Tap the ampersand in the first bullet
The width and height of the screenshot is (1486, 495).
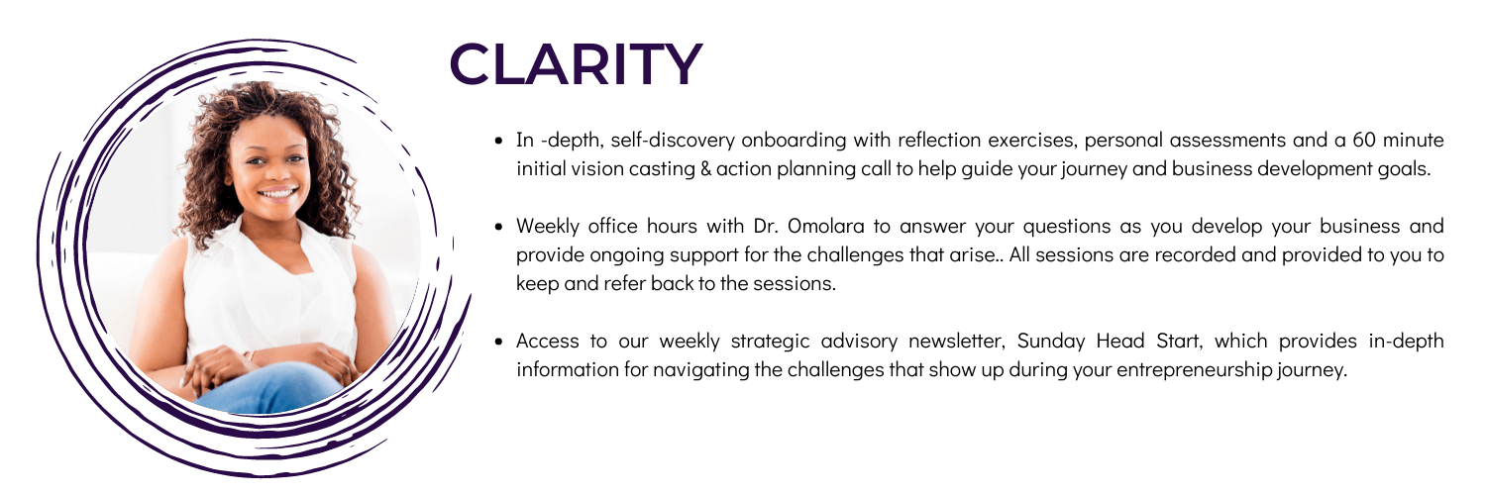pyautogui.click(x=705, y=169)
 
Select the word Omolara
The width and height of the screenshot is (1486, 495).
pyautogui.click(x=826, y=226)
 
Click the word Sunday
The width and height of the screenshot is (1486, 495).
pyautogui.click(x=1051, y=342)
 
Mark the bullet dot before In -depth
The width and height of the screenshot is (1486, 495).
pyautogui.click(x=499, y=141)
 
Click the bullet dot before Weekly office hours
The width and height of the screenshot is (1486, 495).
pyautogui.click(x=499, y=227)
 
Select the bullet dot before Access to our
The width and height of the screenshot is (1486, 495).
pyautogui.click(x=499, y=342)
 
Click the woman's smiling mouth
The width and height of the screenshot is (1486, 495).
pyautogui.click(x=277, y=194)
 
